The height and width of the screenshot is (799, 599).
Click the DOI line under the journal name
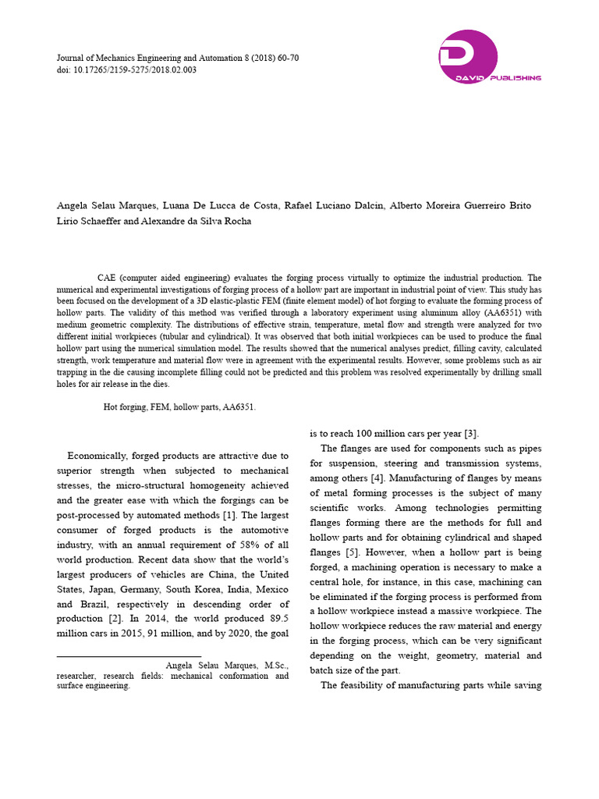(x=128, y=69)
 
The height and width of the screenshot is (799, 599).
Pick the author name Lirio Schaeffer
(x=88, y=222)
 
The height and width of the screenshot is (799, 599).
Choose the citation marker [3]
(x=470, y=433)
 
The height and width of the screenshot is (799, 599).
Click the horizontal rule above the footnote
(x=129, y=656)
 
